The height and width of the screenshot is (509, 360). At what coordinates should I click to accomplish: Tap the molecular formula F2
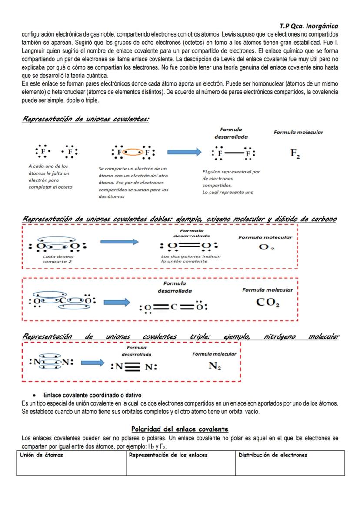pyautogui.click(x=296, y=153)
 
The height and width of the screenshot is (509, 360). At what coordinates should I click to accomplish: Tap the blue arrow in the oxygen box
pyautogui.click(x=119, y=242)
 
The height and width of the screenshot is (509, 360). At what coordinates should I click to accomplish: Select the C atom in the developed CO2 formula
pyautogui.click(x=173, y=307)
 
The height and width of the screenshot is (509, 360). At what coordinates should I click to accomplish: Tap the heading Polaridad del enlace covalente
pyautogui.click(x=180, y=429)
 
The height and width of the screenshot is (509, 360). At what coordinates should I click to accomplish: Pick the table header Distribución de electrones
pyautogui.click(x=273, y=455)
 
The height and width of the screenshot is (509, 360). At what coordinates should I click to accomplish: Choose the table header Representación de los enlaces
pyautogui.click(x=168, y=455)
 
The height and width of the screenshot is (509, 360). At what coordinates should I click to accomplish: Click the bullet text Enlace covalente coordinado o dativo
pyautogui.click(x=92, y=395)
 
